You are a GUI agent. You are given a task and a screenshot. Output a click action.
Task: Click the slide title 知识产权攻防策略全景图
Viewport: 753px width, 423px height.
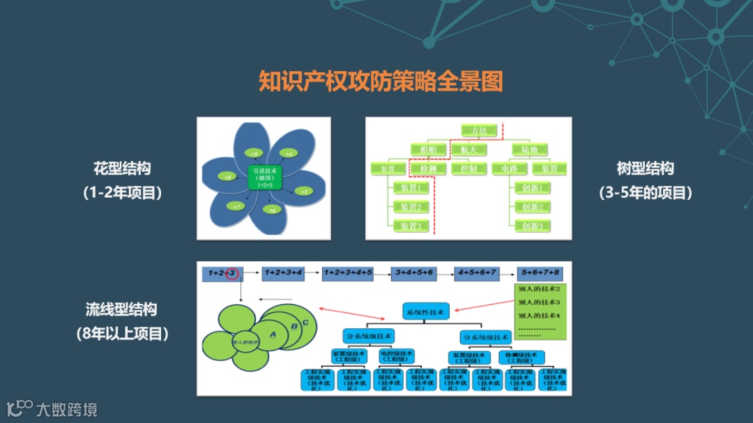click(x=380, y=81)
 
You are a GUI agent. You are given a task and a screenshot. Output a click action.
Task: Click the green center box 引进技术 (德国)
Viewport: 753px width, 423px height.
click(x=264, y=178)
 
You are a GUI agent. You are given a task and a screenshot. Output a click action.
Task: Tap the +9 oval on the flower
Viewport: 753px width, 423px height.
click(x=254, y=153)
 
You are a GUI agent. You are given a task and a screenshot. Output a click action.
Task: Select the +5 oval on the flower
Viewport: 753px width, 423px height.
click(x=303, y=190)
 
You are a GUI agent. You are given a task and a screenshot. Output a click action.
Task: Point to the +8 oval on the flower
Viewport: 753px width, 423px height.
click(x=227, y=177)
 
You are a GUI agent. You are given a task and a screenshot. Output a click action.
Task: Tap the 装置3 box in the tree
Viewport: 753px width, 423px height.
click(x=409, y=226)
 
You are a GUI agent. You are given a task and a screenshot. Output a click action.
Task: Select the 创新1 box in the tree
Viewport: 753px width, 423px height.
click(x=531, y=187)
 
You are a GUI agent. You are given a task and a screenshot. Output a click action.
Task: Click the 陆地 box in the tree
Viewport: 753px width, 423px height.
click(x=529, y=149)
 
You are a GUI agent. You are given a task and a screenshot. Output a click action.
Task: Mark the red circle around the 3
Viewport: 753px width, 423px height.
click(x=232, y=274)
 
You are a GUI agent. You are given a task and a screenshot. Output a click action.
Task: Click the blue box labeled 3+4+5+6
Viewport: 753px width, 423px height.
click(x=413, y=273)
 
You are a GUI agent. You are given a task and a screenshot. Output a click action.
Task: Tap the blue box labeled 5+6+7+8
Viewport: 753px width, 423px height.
click(x=540, y=273)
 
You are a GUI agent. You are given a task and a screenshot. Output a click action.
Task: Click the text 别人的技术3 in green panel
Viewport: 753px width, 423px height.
click(x=539, y=302)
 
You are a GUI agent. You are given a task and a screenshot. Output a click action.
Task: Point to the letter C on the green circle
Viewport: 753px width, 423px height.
click(x=305, y=322)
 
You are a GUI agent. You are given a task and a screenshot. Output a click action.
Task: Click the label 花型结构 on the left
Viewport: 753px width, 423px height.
click(x=121, y=169)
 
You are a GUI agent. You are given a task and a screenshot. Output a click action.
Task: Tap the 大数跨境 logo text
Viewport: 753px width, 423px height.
click(x=67, y=409)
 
